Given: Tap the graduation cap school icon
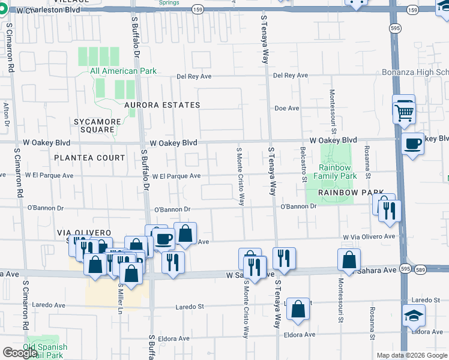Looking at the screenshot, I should coord(414,316).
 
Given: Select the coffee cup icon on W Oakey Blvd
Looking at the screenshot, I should coord(413,144).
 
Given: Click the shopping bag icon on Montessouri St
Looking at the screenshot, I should coord(349,260).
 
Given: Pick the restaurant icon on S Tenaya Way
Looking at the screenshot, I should coord(284,258).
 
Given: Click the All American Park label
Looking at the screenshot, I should coord(123,71).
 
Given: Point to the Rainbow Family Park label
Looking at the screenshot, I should coord(338,172).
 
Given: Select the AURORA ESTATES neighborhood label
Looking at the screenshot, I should coord(161,105).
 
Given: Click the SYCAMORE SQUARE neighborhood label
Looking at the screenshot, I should coord(94,125).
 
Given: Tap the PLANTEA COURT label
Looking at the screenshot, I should coord(89,158).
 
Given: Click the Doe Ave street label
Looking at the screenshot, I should coord(286,109).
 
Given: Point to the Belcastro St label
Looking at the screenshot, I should coord(304,164).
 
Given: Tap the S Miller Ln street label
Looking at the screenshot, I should coord(120,297).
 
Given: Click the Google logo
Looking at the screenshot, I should coord(20,353).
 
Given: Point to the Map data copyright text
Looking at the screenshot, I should coord(411,355).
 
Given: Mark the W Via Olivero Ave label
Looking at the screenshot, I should coord(369,237).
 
